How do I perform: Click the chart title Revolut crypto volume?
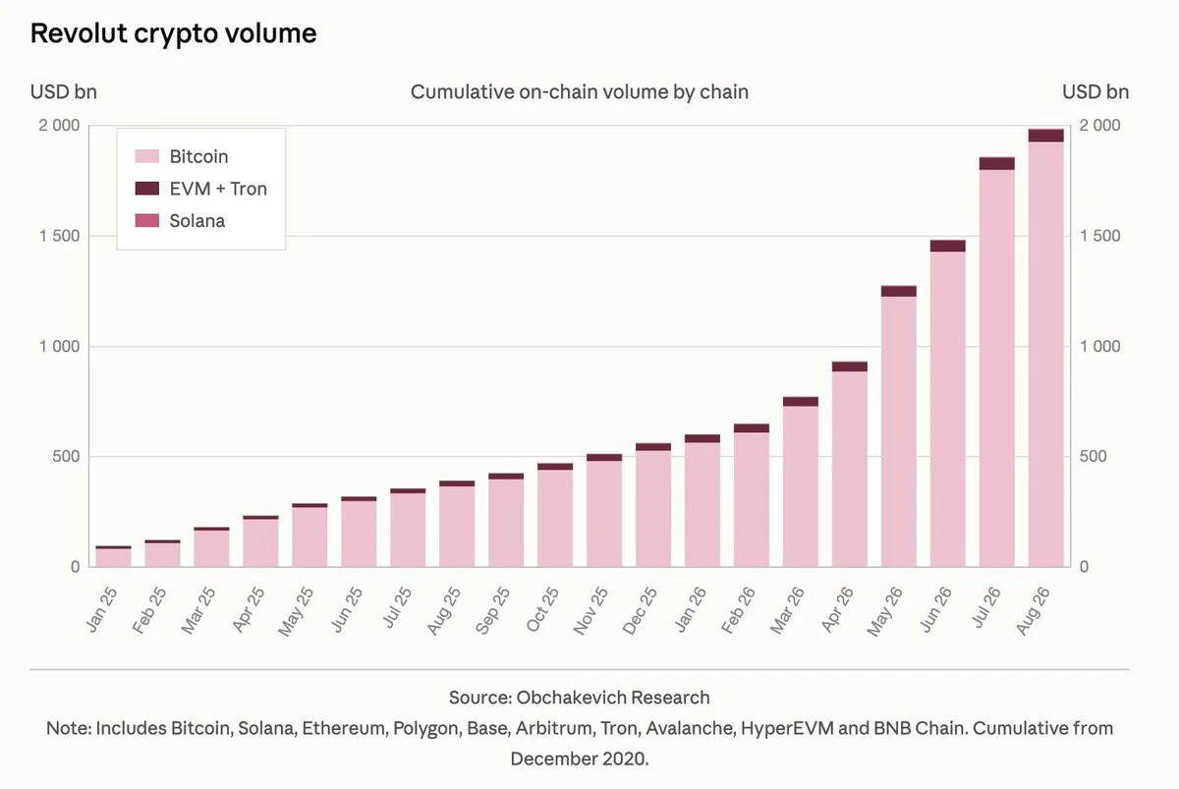(173, 33)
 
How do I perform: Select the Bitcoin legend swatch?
(146, 156)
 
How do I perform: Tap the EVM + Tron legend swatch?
(146, 189)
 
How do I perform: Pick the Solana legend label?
(196, 220)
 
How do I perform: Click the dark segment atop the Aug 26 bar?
(1045, 136)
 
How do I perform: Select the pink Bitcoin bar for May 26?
(898, 431)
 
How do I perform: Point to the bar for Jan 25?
(113, 557)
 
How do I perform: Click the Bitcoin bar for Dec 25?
(653, 508)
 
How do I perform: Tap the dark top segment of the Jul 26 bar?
(997, 163)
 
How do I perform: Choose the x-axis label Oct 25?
(542, 609)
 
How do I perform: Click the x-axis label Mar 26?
(787, 610)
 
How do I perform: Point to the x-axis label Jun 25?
(346, 609)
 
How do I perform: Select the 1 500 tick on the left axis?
(60, 236)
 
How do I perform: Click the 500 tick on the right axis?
(1093, 456)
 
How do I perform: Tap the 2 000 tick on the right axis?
(1100, 125)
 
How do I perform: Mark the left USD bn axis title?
(64, 92)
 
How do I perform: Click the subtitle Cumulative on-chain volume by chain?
(580, 92)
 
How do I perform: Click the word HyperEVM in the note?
(787, 728)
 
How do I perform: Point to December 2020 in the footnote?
(580, 759)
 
